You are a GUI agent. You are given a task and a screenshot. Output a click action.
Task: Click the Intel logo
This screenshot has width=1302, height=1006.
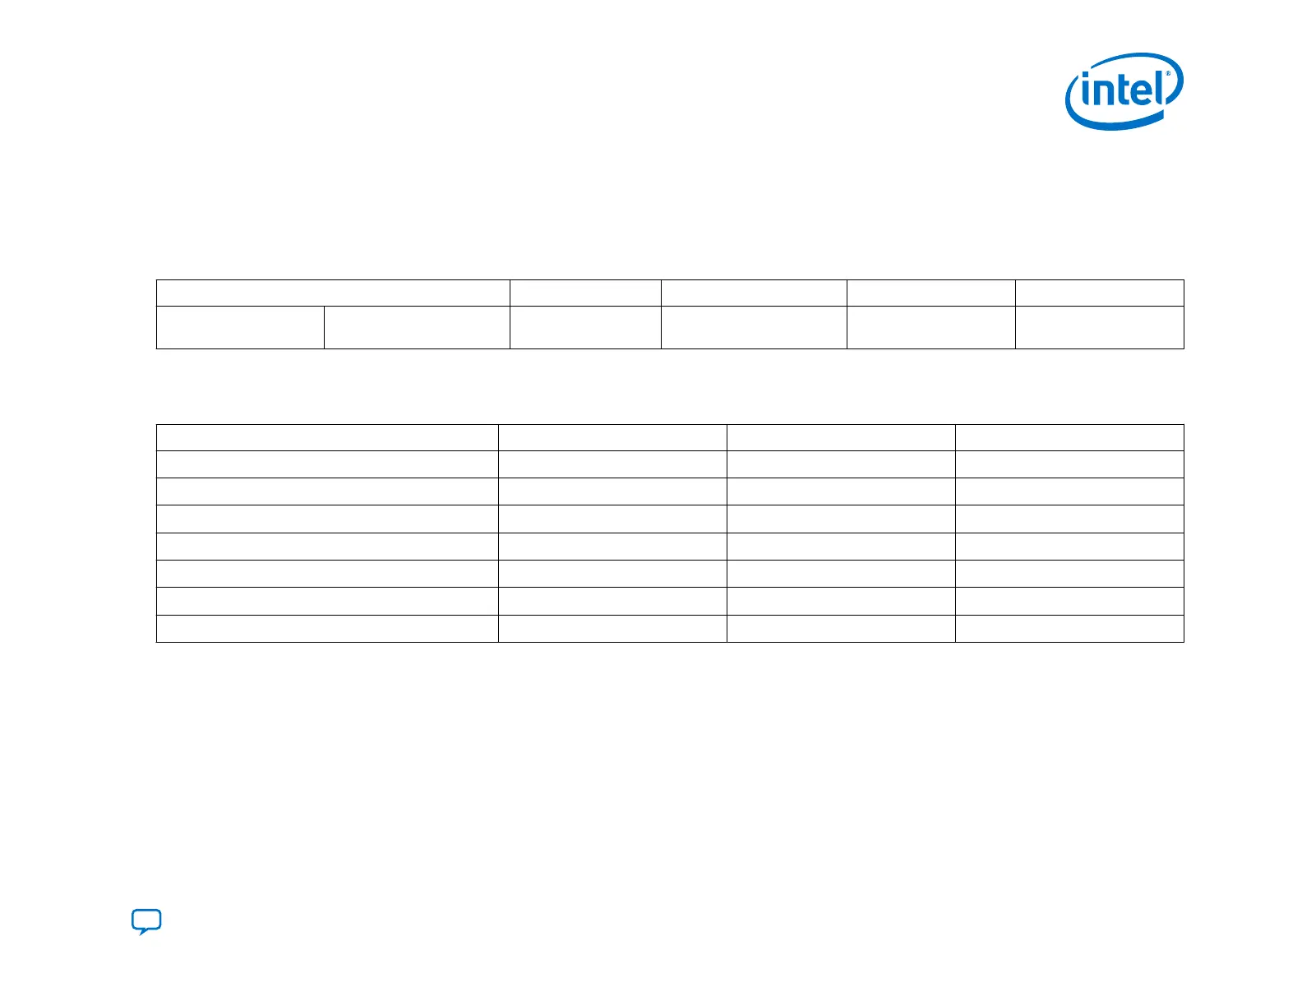click(1124, 91)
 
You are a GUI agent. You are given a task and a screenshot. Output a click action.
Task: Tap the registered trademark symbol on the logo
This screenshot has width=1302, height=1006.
click(1168, 74)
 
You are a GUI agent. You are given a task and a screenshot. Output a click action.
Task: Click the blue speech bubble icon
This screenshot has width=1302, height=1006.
click(146, 921)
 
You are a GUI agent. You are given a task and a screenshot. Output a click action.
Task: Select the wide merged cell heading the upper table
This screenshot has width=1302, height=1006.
click(333, 293)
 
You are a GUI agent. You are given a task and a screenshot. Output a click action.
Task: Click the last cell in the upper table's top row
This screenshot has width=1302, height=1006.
click(1099, 293)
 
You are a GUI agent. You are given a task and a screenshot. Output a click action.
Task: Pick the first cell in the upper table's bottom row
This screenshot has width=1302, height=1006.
click(240, 327)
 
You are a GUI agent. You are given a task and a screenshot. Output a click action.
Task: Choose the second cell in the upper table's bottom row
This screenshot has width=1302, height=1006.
click(417, 327)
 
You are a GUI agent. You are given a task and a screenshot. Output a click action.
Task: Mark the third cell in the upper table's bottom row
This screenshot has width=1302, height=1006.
click(585, 327)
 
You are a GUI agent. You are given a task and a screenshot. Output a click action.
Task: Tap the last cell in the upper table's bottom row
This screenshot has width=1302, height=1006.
click(1099, 327)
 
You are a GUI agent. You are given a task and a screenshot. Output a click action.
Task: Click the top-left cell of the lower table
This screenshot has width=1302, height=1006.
click(327, 437)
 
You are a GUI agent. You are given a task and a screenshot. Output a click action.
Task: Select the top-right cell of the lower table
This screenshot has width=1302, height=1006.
click(1069, 437)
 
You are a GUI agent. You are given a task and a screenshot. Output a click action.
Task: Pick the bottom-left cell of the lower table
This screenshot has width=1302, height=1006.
click(327, 628)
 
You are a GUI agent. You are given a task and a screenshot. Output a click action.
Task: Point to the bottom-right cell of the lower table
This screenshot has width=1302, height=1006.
click(1069, 628)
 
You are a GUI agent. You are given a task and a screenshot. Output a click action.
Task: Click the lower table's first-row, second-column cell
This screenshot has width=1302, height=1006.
click(612, 437)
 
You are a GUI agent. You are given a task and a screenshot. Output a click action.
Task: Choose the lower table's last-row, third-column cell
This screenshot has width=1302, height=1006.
click(841, 628)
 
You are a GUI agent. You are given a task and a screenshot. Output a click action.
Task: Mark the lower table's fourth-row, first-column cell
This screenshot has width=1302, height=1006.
click(327, 519)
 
